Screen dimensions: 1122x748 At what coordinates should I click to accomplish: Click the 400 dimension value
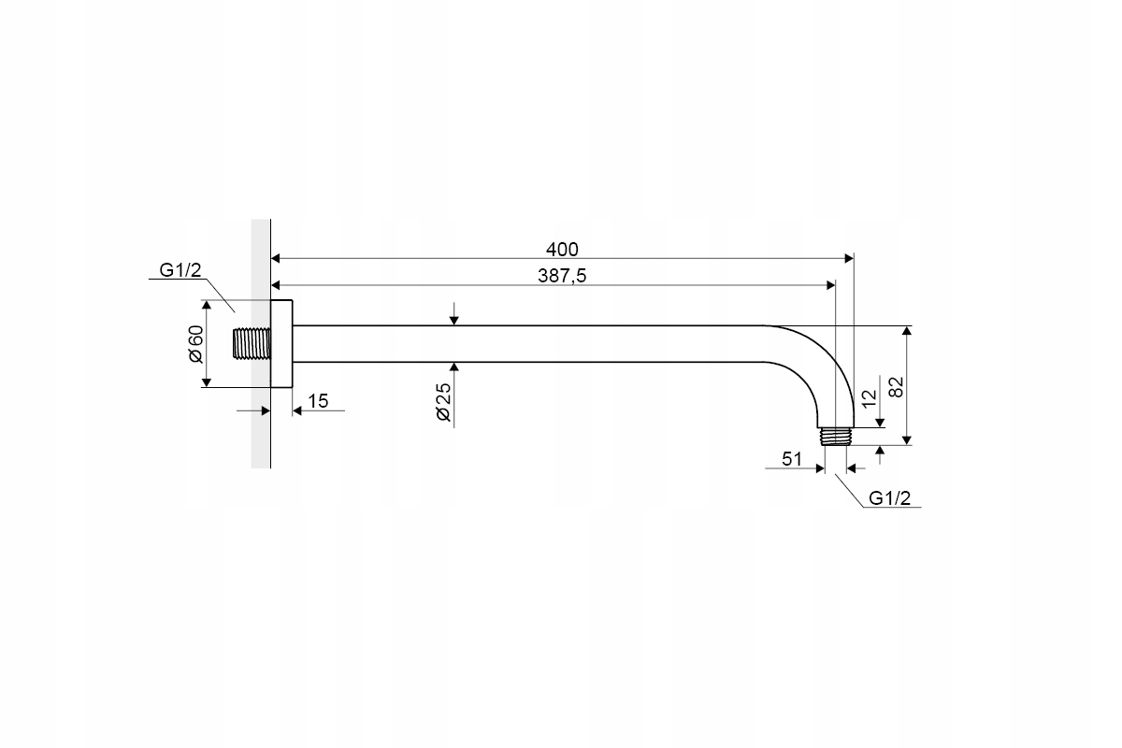pyautogui.click(x=562, y=249)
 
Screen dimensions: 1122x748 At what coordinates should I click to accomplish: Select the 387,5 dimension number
pyautogui.click(x=562, y=276)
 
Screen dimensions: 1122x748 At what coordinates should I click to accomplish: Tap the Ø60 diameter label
pyautogui.click(x=195, y=344)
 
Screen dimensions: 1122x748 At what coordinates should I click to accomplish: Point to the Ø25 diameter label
pyautogui.click(x=444, y=402)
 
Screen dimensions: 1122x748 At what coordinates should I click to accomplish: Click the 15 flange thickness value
pyautogui.click(x=318, y=401)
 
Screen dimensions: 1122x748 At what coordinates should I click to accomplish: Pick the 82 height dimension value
pyautogui.click(x=896, y=387)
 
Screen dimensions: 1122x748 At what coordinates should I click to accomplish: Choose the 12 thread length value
pyautogui.click(x=870, y=398)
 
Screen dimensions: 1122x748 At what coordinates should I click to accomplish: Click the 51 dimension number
pyautogui.click(x=792, y=459)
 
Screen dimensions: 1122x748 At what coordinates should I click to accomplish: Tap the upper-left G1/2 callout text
pyautogui.click(x=180, y=270)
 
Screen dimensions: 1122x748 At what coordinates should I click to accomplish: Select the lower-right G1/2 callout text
pyautogui.click(x=889, y=498)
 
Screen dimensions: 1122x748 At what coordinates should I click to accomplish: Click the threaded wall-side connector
pyautogui.click(x=252, y=344)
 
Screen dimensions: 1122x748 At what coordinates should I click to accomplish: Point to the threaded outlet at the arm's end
pyautogui.click(x=836, y=436)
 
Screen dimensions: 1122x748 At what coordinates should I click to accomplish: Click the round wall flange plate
pyautogui.click(x=281, y=344)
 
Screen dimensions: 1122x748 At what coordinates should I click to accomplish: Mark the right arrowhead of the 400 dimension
pyautogui.click(x=849, y=258)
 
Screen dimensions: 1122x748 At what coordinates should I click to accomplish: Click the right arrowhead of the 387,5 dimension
pyautogui.click(x=830, y=285)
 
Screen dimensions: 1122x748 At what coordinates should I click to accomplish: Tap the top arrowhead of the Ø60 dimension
pyautogui.click(x=206, y=305)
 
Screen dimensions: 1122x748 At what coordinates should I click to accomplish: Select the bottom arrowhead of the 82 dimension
pyautogui.click(x=907, y=440)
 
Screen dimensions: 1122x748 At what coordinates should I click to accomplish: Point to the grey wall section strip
pyautogui.click(x=261, y=344)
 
